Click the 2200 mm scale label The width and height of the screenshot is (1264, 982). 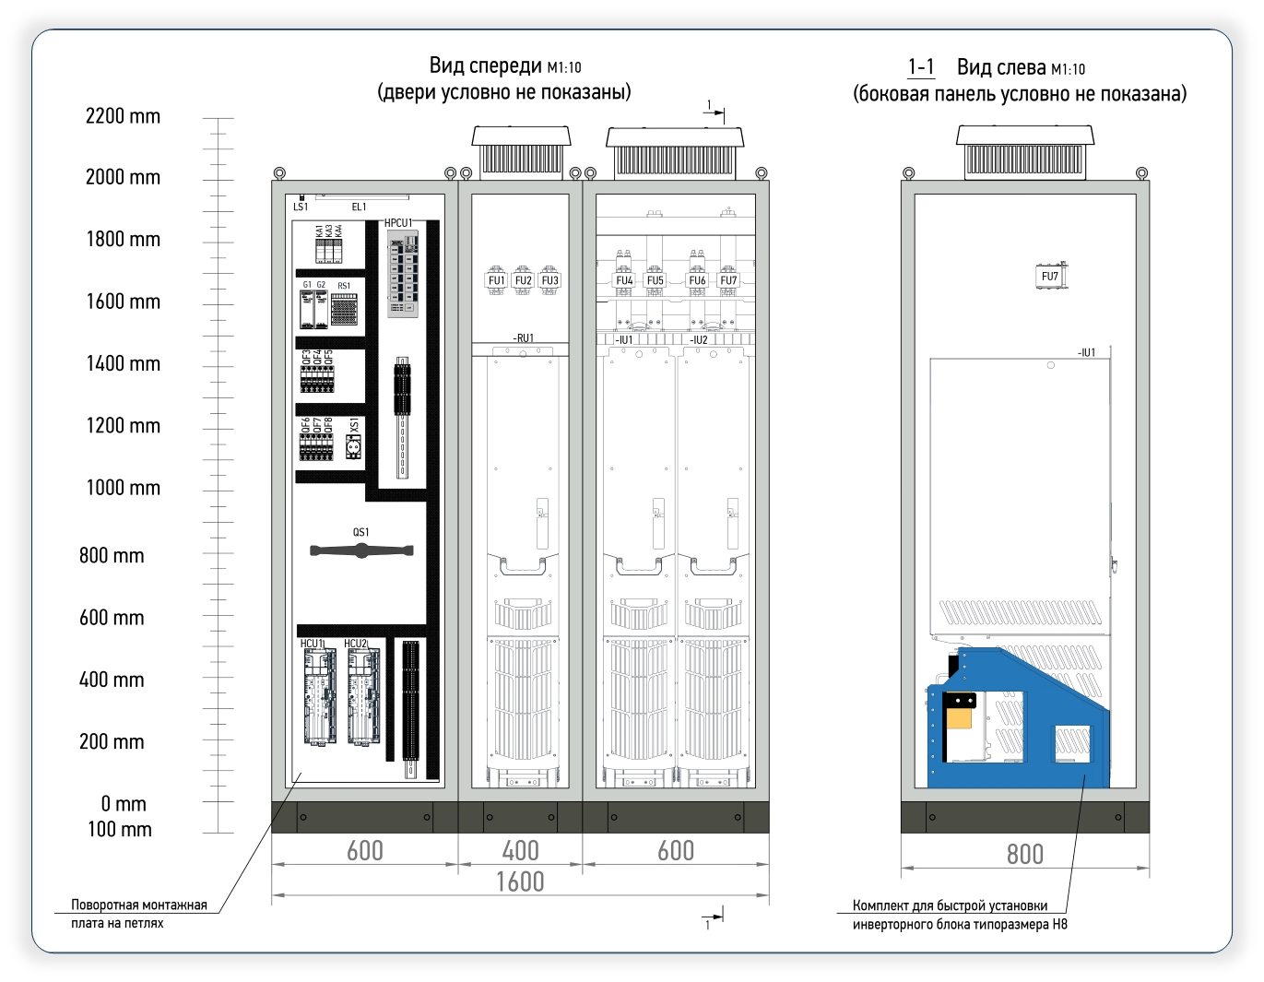[x=123, y=116]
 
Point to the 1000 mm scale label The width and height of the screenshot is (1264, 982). [x=124, y=488]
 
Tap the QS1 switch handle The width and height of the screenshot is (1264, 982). [x=361, y=550]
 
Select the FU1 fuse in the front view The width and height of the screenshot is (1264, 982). [x=496, y=280]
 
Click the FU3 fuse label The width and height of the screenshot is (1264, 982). [x=549, y=280]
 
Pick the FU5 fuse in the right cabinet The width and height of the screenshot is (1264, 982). [x=655, y=280]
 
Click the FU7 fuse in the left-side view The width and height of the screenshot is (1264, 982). [x=1051, y=277]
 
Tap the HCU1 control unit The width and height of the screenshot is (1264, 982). [x=320, y=696]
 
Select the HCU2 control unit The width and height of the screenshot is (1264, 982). [x=363, y=696]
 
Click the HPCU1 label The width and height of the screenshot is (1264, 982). [x=398, y=223]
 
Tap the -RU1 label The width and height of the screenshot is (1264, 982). [x=523, y=338]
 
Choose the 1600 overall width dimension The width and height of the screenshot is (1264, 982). [x=520, y=881]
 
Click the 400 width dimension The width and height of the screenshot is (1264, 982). [x=520, y=850]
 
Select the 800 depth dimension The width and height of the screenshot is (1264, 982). [x=1025, y=855]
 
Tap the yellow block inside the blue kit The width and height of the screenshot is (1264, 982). [x=960, y=718]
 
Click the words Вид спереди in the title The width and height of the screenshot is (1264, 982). [x=486, y=65]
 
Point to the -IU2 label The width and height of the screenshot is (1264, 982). [x=699, y=339]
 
